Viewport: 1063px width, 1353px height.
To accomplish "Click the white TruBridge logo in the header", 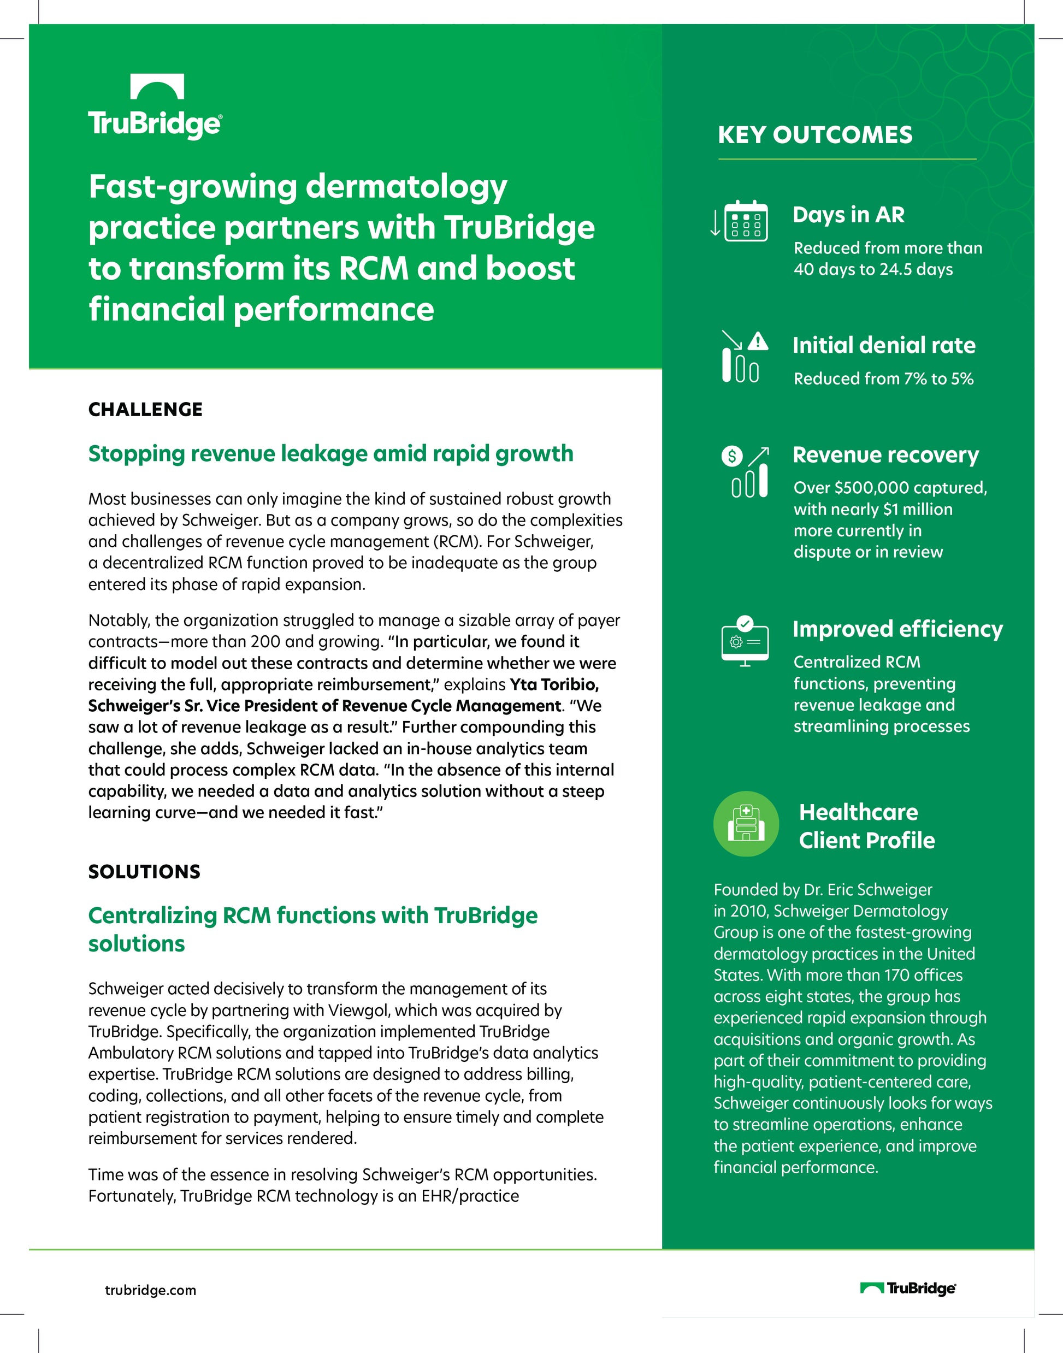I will [x=155, y=107].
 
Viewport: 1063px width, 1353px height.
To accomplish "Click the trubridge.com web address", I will [x=150, y=1290].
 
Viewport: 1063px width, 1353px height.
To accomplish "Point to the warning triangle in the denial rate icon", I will [x=758, y=341].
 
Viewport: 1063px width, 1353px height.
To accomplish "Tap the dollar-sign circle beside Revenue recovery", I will [x=731, y=456].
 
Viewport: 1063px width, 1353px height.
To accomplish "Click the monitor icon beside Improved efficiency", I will [x=745, y=642].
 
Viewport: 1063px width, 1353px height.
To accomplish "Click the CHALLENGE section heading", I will [x=145, y=410].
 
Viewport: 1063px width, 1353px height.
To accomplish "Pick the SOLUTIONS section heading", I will [x=144, y=871].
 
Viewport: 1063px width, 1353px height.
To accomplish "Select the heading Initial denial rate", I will [x=883, y=345].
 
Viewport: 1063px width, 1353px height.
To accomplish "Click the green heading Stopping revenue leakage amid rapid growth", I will [x=330, y=454].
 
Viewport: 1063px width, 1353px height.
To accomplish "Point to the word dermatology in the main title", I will [x=406, y=187].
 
